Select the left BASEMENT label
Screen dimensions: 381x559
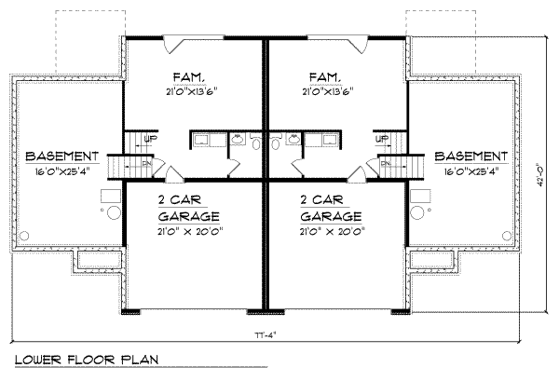(x=62, y=156)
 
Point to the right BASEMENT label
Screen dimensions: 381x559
(x=470, y=156)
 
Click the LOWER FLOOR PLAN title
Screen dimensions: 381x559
(x=87, y=360)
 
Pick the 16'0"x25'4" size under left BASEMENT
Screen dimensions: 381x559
(x=62, y=172)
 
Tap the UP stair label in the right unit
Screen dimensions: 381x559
(x=382, y=139)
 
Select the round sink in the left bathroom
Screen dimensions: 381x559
(x=235, y=141)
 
